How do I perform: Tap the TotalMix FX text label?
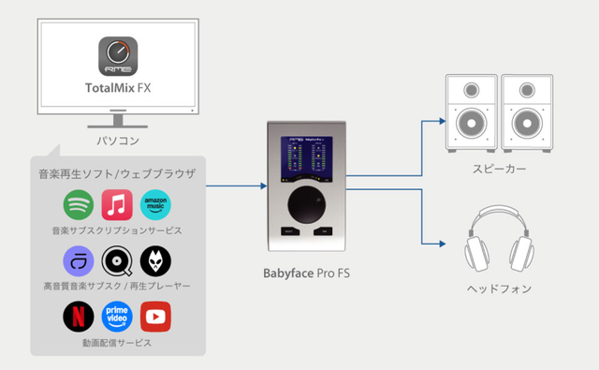pos(118,92)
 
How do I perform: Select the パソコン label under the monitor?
pos(118,141)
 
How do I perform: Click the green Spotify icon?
pos(79,205)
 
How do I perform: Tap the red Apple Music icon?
pos(117,205)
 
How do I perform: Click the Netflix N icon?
pos(79,318)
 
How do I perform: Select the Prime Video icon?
pos(117,318)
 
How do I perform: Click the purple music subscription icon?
pos(79,261)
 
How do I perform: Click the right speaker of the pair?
pos(528,115)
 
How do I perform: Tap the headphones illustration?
pos(501,241)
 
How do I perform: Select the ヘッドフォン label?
pos(501,289)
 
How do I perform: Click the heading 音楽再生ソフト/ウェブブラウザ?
pos(117,174)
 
